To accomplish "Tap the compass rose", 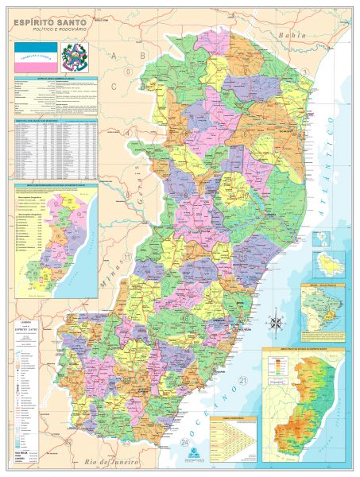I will tap(277, 323).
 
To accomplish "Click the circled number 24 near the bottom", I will tap(184, 442).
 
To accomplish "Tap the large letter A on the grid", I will tap(114, 55).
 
